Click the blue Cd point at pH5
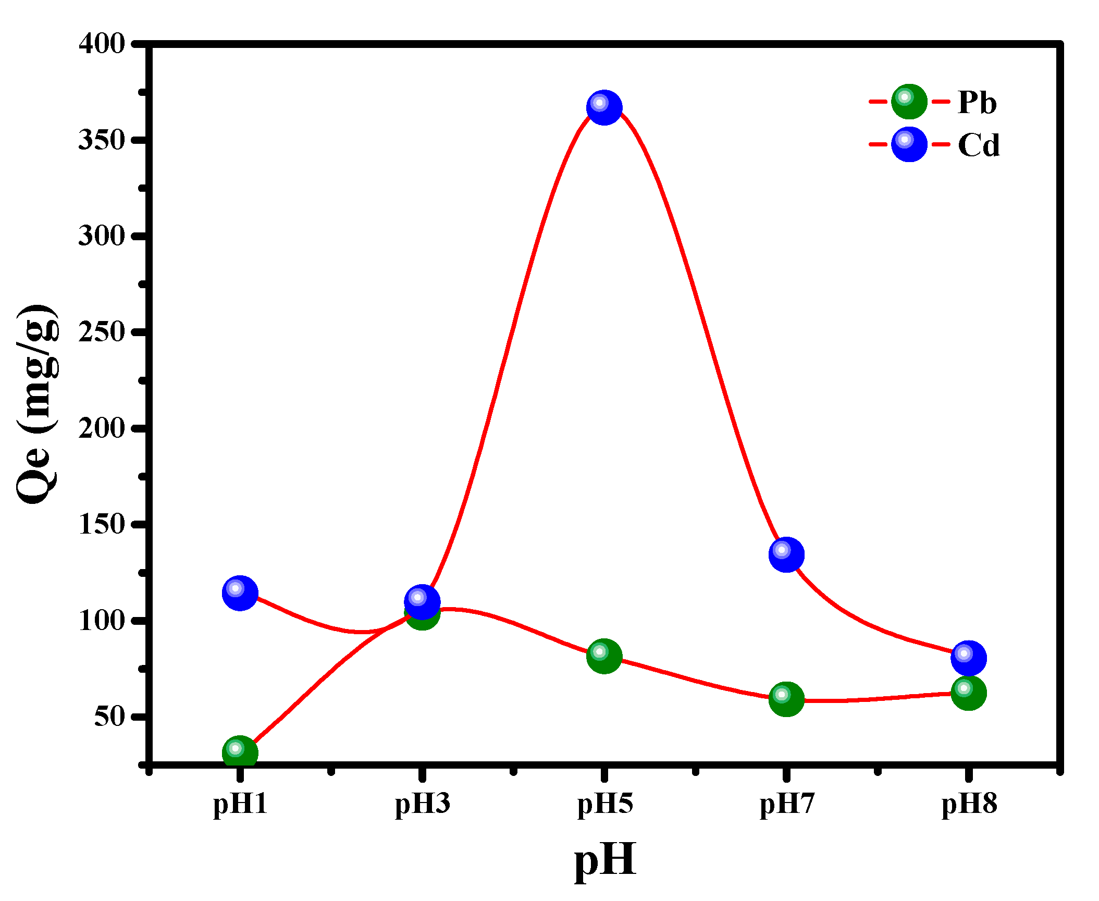[604, 107]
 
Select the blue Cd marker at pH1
[240, 593]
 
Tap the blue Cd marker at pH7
[786, 554]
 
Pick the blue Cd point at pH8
[968, 658]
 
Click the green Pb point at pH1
[240, 752]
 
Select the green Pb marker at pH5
[604, 656]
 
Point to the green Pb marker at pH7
[786, 698]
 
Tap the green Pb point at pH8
[968, 693]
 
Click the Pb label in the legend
[977, 102]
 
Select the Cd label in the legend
[979, 145]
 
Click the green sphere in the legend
[909, 101]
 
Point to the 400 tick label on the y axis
[102, 44]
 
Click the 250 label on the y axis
[102, 332]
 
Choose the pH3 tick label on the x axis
[422, 803]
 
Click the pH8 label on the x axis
[969, 803]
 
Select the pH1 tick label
[240, 803]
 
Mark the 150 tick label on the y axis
[102, 524]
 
